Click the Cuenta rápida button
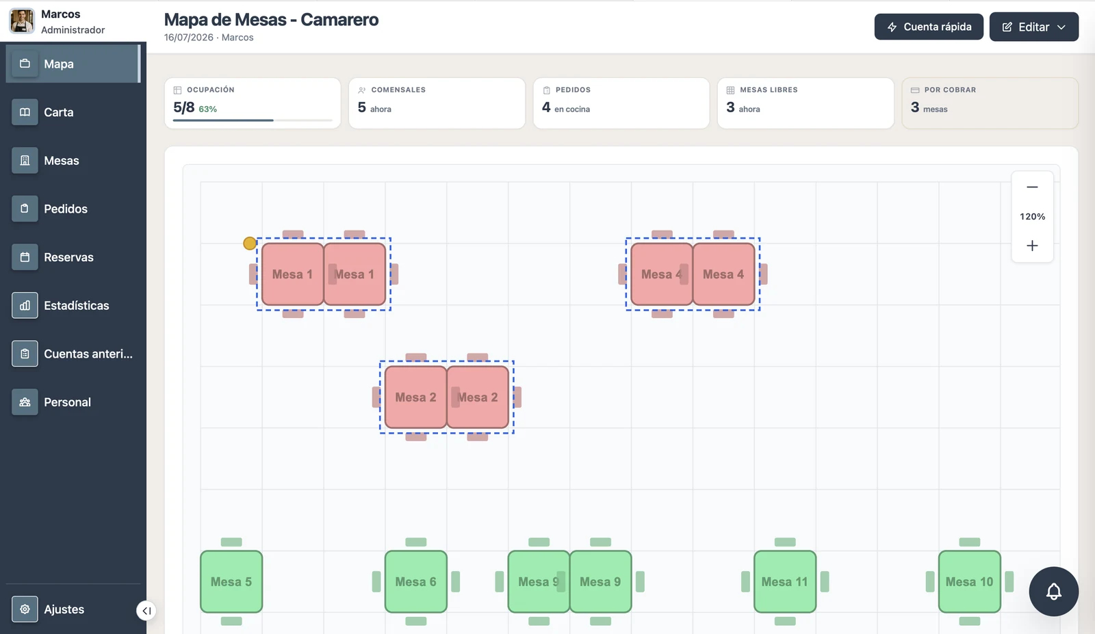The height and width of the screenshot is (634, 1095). [928, 27]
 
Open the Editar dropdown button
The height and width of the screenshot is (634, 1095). [1033, 27]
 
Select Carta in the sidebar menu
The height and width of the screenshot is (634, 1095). [73, 112]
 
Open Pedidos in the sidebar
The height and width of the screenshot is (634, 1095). [73, 209]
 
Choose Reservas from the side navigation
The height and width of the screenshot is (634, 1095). [73, 257]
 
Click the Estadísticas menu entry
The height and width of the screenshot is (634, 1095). [73, 305]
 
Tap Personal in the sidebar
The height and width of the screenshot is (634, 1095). [73, 402]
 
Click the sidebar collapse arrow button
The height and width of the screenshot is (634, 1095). [146, 611]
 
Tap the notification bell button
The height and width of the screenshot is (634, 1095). [1053, 592]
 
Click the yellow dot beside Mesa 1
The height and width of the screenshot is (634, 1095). [249, 243]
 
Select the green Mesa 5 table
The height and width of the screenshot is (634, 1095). [231, 582]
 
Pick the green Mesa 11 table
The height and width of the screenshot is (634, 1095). [784, 582]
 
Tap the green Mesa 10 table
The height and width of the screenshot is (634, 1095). [969, 582]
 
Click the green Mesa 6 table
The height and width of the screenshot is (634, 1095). [415, 582]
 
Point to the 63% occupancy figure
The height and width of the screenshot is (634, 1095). [208, 109]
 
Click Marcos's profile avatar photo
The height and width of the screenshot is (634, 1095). [22, 21]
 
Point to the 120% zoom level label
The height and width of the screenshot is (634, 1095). [1032, 216]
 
